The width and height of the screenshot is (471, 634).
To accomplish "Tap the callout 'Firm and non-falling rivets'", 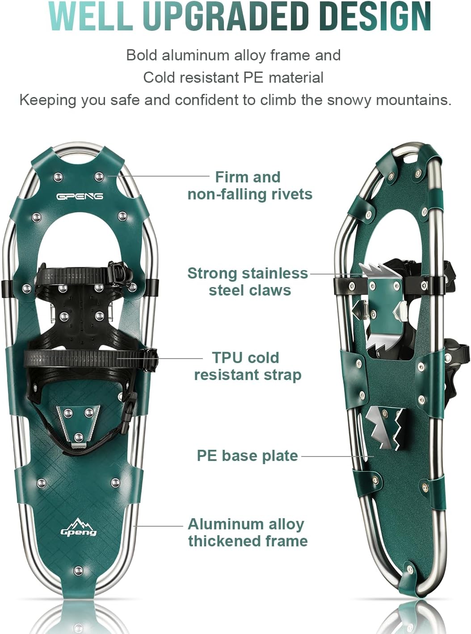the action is (x=249, y=186).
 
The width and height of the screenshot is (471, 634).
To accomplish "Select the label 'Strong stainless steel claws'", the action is (x=248, y=282).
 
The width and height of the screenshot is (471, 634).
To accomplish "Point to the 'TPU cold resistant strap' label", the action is (x=247, y=366).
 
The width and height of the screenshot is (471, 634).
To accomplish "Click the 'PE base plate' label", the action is (x=247, y=456).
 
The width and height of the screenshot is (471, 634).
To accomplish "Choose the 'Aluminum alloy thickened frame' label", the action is (x=247, y=532).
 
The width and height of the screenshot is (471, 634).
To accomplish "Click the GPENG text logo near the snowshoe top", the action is (x=80, y=196).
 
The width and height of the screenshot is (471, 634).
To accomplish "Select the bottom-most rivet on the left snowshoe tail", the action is (x=79, y=571).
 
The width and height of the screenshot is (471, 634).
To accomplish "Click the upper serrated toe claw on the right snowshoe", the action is (x=377, y=270).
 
